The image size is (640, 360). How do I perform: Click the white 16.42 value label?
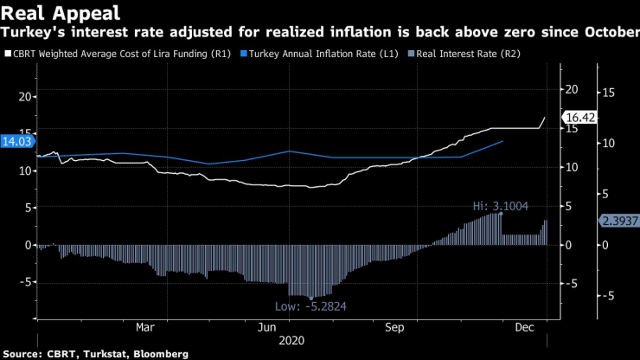(575, 117)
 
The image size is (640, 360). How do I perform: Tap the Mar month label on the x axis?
(145, 329)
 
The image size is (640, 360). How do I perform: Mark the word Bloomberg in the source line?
(159, 354)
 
